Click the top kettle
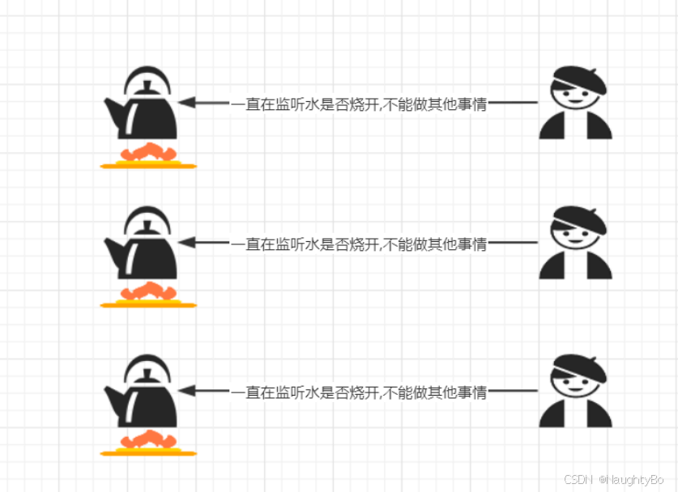[144, 113]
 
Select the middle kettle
[144, 252]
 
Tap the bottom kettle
[144, 401]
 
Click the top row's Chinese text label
[359, 104]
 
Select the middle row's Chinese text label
[359, 243]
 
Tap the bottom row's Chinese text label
[359, 392]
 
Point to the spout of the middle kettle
[113, 246]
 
